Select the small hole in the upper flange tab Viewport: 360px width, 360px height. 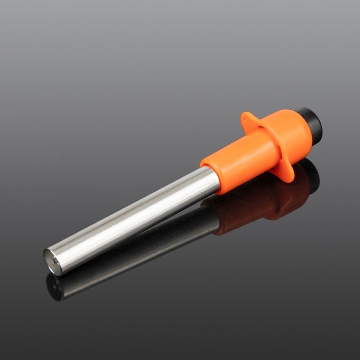click(245, 118)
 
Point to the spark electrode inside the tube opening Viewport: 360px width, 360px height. click(54, 260)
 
